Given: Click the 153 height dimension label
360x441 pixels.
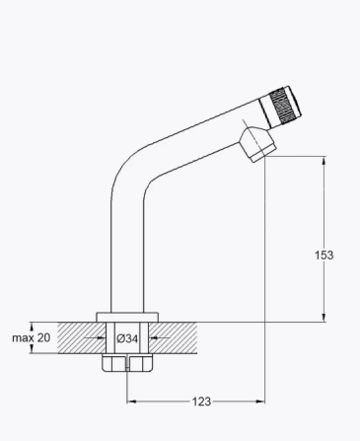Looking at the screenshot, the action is click(x=324, y=256).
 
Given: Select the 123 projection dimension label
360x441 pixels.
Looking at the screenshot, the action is click(x=201, y=402).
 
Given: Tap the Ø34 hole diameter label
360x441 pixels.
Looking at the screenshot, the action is click(x=127, y=338).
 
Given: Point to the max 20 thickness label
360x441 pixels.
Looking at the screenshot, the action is click(x=32, y=337).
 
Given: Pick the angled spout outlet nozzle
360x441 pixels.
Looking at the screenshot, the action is click(x=258, y=145).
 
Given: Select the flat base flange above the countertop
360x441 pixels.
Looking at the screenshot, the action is click(x=127, y=317).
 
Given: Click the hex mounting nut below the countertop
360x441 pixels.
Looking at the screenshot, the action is click(x=127, y=363).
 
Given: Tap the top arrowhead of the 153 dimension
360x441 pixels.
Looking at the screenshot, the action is click(x=324, y=161).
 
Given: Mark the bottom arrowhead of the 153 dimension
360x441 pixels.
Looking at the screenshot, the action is click(x=324, y=318).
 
